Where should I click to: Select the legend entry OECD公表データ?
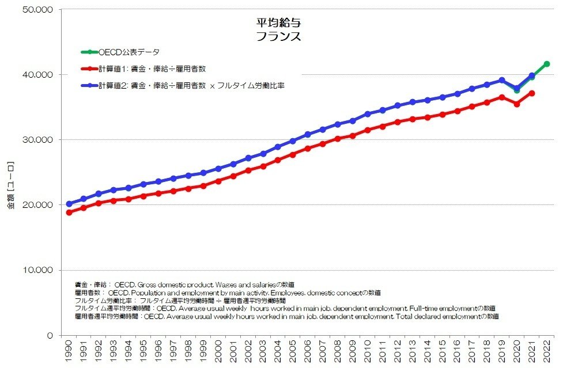point(129,52)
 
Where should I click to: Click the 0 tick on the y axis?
point(51,335)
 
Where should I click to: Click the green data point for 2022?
point(547,64)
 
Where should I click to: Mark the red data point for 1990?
point(69,213)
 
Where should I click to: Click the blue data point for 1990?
point(69,204)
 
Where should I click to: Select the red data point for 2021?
point(532,93)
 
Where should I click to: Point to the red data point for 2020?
point(517,104)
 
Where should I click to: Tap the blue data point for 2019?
point(502,80)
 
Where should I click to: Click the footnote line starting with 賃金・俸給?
point(184,284)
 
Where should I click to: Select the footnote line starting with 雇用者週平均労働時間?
point(286,317)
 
